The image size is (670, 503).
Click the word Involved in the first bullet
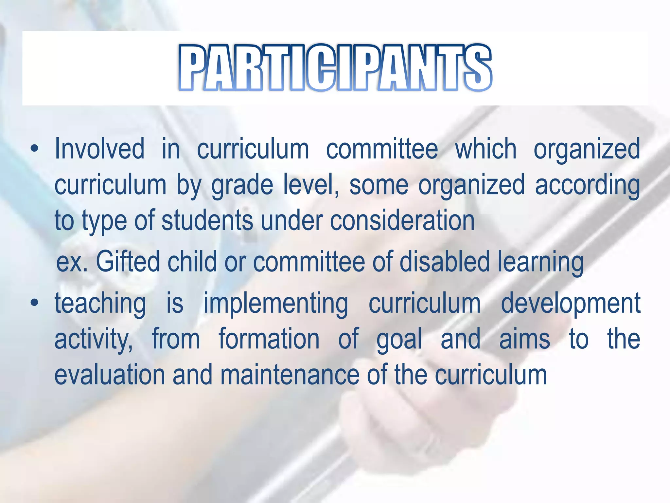tap(99, 149)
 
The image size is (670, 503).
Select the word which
tap(486, 149)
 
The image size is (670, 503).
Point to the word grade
tap(242, 185)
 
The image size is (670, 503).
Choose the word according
tap(588, 185)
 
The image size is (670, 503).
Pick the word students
tap(207, 220)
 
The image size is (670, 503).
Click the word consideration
tap(402, 220)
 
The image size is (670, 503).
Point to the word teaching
tap(100, 304)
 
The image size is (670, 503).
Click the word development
tap(571, 304)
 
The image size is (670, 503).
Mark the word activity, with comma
tap(94, 339)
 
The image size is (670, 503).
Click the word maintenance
tap(290, 375)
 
